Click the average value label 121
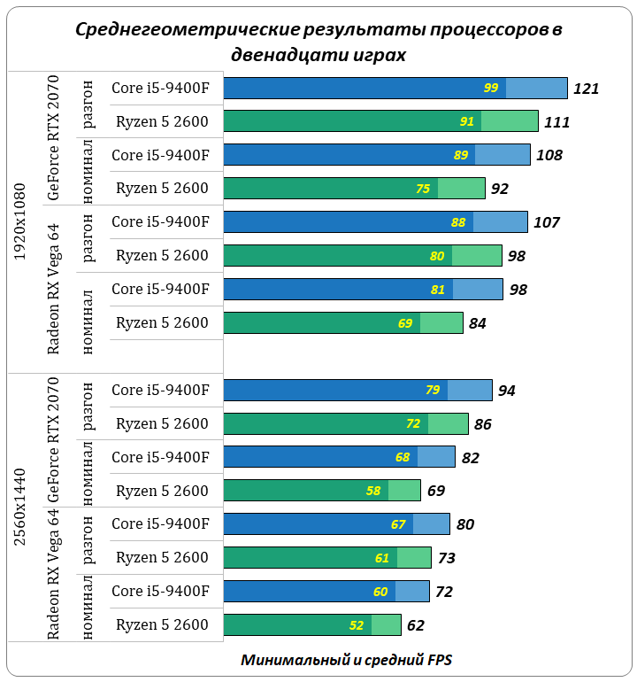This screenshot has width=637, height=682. click(x=587, y=89)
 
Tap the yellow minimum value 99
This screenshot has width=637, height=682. click(x=491, y=88)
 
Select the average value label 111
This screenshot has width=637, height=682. click(x=556, y=122)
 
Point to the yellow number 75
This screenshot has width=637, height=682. click(x=423, y=189)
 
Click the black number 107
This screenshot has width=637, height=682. click(x=547, y=222)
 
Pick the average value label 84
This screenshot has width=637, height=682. click(x=478, y=323)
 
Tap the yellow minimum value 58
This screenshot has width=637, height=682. click(x=372, y=491)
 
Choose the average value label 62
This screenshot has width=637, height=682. click(x=416, y=625)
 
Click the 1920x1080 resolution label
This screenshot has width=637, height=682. click(x=20, y=222)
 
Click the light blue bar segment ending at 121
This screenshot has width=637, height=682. click(x=536, y=88)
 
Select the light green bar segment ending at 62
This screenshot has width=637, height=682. click(x=386, y=625)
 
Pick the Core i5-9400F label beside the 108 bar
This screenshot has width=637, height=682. click(x=160, y=155)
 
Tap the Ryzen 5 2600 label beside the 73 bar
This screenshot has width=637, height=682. click(x=162, y=557)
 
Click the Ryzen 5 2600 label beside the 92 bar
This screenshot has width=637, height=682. click(x=162, y=188)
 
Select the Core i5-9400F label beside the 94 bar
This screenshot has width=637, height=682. click(x=160, y=390)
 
